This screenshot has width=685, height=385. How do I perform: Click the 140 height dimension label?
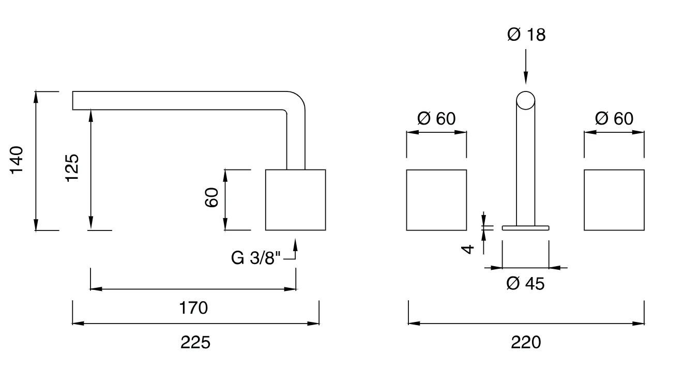click(17, 160)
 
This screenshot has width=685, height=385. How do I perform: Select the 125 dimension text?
click(72, 168)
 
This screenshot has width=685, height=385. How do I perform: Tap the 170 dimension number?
click(193, 307)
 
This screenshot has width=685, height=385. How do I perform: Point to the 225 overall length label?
click(195, 342)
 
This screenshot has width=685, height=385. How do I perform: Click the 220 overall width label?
click(526, 342)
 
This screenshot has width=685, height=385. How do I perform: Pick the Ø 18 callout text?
click(526, 35)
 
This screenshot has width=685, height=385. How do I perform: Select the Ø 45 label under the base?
click(525, 284)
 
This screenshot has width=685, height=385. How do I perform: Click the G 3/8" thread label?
click(255, 258)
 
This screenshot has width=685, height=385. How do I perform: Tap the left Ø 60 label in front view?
click(436, 118)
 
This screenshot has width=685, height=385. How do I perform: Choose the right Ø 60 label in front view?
click(614, 118)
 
